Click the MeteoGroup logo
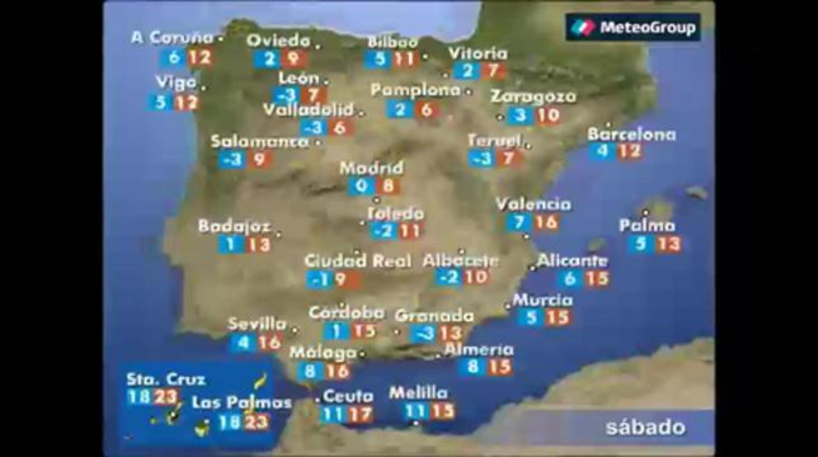(633, 27)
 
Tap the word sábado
(645, 427)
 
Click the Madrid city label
(371, 168)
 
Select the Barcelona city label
(631, 135)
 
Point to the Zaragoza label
(533, 97)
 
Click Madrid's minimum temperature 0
(361, 186)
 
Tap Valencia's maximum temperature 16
(547, 222)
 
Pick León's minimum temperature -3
(286, 95)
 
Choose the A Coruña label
(172, 38)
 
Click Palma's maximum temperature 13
(668, 244)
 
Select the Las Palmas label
(242, 402)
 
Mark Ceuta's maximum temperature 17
(360, 414)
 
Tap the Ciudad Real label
(358, 261)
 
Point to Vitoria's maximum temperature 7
(493, 71)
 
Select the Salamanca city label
(259, 142)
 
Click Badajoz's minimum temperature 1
(230, 244)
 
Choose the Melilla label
(418, 393)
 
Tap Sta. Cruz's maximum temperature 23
(166, 397)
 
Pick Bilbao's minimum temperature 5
(380, 59)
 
